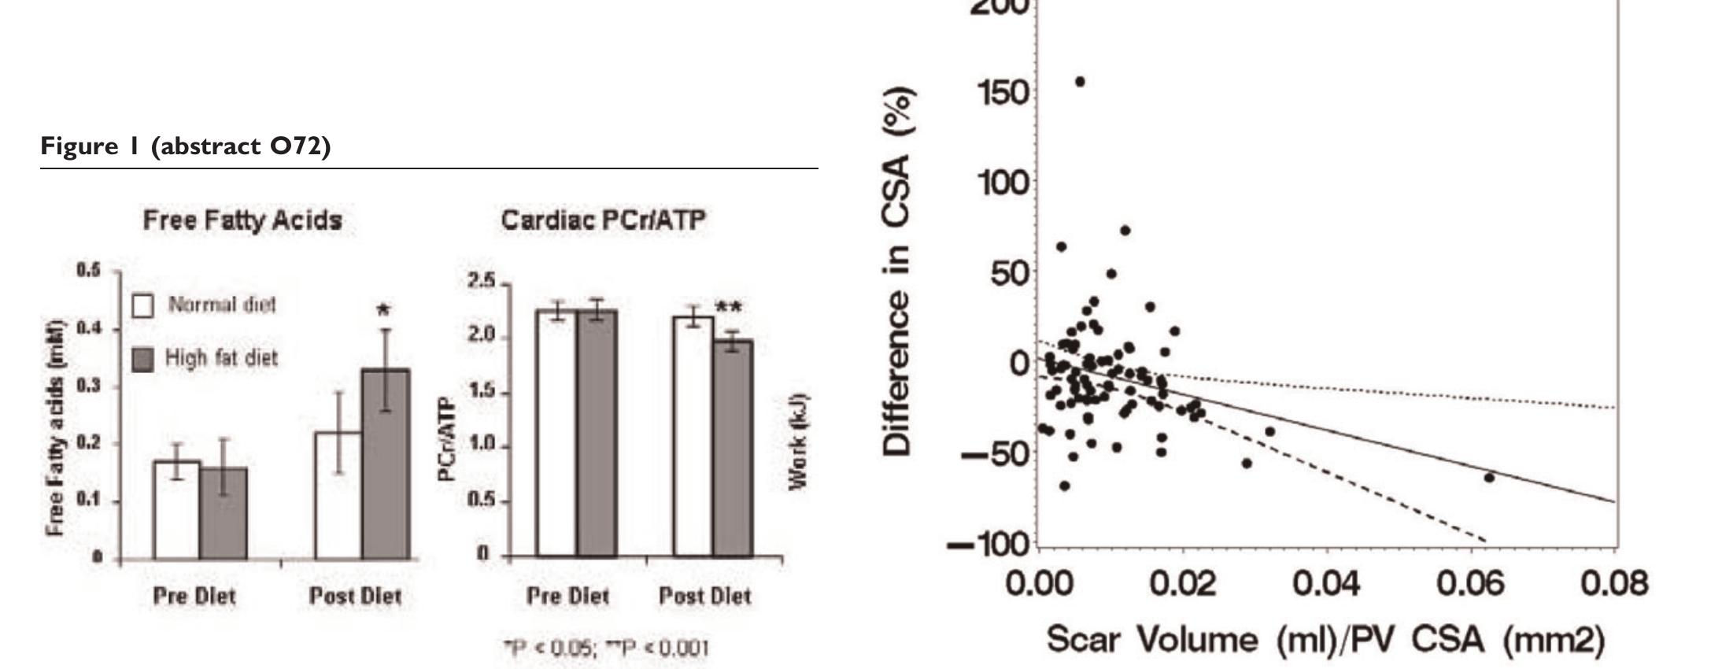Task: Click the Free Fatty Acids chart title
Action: click(x=242, y=220)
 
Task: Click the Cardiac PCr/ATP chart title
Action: click(x=603, y=220)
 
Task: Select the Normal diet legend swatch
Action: click(x=143, y=305)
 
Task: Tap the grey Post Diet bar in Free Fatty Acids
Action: click(x=386, y=464)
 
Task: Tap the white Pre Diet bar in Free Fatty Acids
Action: click(x=176, y=510)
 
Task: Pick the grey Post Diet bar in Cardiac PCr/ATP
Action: click(x=733, y=449)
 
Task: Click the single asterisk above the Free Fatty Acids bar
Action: click(x=385, y=308)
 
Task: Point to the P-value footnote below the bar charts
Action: click(x=606, y=649)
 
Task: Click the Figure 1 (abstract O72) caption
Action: click(x=186, y=146)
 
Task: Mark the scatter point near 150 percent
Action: click(x=1080, y=82)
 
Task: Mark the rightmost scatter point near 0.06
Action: click(x=1489, y=477)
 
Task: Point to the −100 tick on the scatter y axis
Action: click(x=989, y=544)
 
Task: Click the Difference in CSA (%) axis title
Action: click(x=897, y=272)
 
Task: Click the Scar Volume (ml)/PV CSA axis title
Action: click(x=1325, y=639)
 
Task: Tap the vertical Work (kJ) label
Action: click(x=798, y=441)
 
